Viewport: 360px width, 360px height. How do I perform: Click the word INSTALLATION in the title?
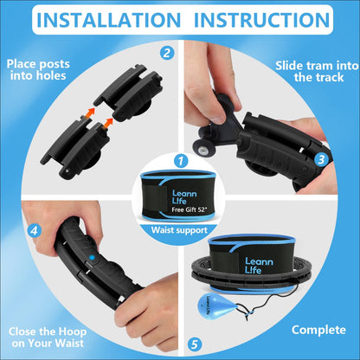coord(108,20)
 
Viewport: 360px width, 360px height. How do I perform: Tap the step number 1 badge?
coord(181,161)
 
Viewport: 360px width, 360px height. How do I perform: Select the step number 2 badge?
coord(167,54)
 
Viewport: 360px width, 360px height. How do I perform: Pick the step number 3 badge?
coord(321,159)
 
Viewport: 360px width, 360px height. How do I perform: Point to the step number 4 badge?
coord(35,231)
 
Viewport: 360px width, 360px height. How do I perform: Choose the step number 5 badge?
coord(195,344)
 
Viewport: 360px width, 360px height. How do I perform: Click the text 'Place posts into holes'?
coord(38,70)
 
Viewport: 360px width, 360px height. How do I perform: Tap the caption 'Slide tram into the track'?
coord(317,71)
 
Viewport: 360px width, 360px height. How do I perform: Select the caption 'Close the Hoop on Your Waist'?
coord(48,337)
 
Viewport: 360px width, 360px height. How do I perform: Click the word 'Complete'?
coord(318,330)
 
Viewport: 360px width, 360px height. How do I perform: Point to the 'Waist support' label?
coord(179,230)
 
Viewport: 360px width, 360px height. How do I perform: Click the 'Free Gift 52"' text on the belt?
coord(190,209)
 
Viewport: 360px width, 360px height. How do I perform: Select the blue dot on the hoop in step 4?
coord(92,257)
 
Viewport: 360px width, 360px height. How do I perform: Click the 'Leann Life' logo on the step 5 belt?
coord(259,266)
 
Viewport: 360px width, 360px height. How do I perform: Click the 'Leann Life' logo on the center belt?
coord(184,197)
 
